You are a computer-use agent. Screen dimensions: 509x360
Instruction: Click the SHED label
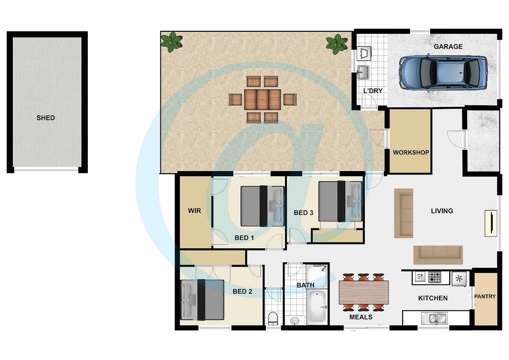click(x=46, y=118)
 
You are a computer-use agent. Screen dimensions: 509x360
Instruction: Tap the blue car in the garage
click(x=443, y=73)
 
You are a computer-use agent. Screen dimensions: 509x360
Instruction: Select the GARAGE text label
click(x=448, y=47)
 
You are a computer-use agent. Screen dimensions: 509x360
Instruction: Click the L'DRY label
click(x=373, y=91)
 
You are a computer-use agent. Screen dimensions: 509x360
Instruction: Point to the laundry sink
click(x=363, y=72)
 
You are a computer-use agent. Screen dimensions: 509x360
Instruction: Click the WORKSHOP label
click(x=411, y=152)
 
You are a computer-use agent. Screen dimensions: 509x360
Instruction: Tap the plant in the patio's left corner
click(x=171, y=42)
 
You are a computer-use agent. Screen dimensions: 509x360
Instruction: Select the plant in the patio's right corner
click(x=337, y=44)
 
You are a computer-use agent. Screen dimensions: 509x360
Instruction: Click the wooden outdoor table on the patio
click(x=263, y=100)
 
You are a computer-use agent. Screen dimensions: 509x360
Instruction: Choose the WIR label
click(x=195, y=211)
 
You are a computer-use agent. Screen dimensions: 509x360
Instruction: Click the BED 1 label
click(x=244, y=238)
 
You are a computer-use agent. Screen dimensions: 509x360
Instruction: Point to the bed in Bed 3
click(x=340, y=201)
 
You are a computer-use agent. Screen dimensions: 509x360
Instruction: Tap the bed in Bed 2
click(x=202, y=300)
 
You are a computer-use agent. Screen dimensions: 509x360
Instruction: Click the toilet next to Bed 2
click(x=273, y=318)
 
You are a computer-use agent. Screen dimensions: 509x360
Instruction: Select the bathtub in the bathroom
click(x=317, y=307)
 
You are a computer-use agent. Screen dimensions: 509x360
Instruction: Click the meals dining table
click(x=364, y=292)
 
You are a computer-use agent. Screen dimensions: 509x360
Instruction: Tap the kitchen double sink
click(x=434, y=318)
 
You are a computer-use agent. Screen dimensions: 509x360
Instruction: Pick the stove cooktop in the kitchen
click(x=435, y=277)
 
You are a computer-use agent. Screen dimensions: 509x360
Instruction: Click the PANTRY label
click(x=485, y=296)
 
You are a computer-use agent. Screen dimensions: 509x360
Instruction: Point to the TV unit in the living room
click(x=491, y=224)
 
